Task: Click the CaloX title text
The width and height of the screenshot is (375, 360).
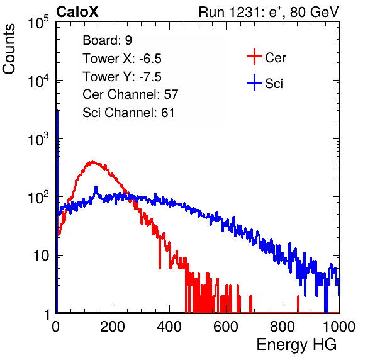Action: [x=77, y=12]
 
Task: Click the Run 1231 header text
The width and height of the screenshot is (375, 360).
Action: [x=269, y=12]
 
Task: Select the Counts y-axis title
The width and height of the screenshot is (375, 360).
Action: [x=9, y=49]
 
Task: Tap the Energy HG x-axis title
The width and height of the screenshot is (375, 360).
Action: [x=296, y=345]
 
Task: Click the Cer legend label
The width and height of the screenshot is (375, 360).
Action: [x=275, y=58]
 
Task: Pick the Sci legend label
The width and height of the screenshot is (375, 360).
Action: [x=274, y=84]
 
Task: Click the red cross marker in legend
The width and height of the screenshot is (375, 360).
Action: [x=254, y=57]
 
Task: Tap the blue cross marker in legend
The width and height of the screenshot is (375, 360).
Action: [x=254, y=82]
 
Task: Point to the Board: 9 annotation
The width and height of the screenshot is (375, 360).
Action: [x=108, y=40]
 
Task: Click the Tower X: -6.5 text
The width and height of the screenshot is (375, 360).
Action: [x=122, y=59]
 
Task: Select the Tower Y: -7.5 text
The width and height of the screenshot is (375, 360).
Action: [x=122, y=77]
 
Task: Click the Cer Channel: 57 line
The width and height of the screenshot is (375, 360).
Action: [x=130, y=94]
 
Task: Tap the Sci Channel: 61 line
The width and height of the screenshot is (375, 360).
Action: [x=128, y=113]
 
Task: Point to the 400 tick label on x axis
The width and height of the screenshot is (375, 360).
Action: [x=169, y=327]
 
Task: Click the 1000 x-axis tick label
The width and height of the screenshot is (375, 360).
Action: [x=339, y=327]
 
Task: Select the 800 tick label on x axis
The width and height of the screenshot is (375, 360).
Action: [x=283, y=327]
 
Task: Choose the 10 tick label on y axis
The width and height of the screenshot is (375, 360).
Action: [x=41, y=256]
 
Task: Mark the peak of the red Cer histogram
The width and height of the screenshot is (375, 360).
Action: [x=92, y=162]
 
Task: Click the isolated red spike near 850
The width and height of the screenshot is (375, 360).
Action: [x=298, y=304]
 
